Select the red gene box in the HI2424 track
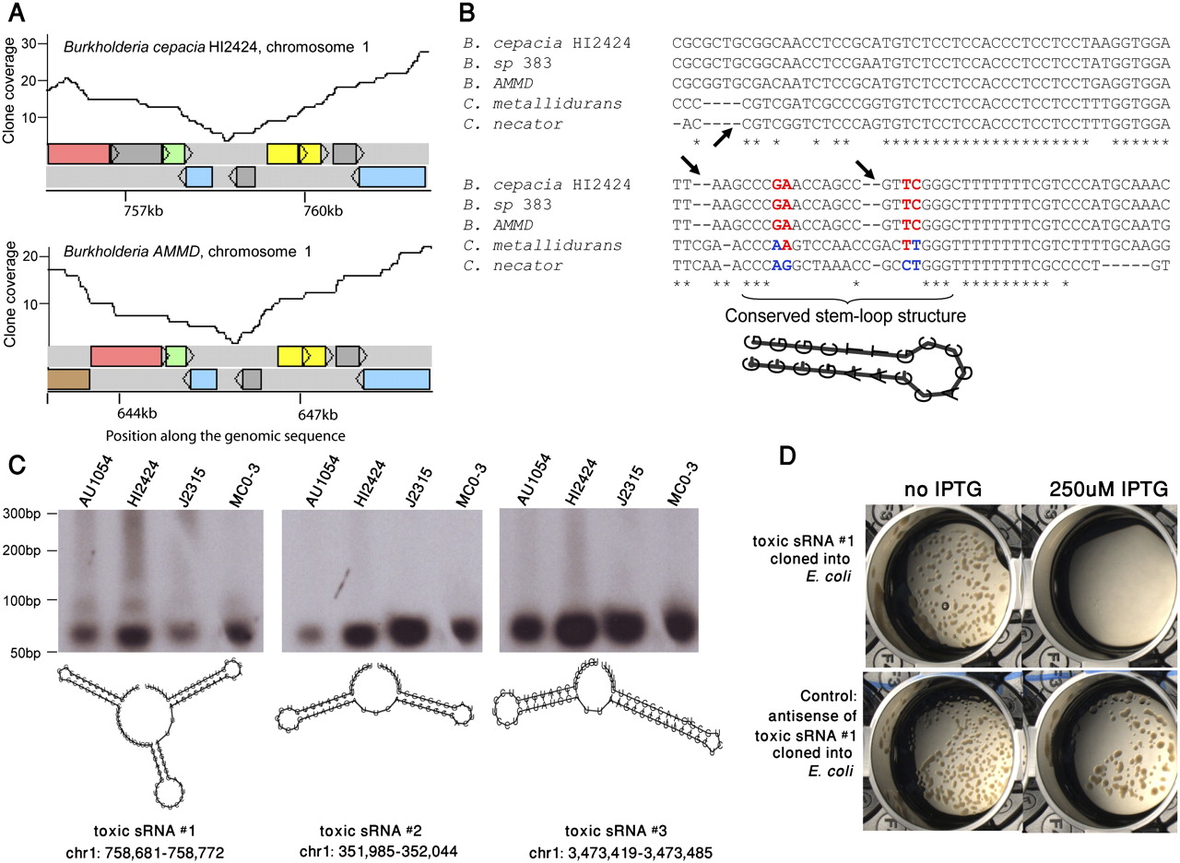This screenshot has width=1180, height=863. point(78,154)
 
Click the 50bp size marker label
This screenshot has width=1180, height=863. point(25,653)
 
